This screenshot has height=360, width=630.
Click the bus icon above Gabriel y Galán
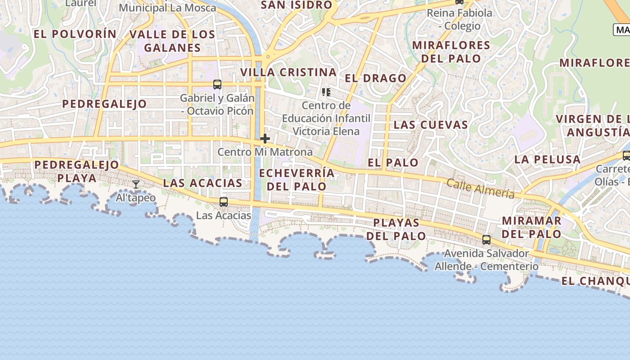tap(217, 84)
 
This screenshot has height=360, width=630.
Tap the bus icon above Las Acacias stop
tap(224, 202)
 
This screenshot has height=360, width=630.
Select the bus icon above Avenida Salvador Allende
tap(486, 239)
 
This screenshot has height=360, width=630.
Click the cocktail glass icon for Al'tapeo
tap(135, 184)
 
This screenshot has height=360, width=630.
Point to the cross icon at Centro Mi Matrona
tap(265, 139)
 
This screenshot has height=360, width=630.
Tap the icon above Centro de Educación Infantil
tap(326, 92)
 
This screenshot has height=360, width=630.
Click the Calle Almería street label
tap(480, 188)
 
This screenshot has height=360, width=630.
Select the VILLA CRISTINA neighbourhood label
tap(288, 72)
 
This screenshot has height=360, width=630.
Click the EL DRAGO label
tap(376, 78)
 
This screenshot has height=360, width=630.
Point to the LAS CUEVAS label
tap(431, 125)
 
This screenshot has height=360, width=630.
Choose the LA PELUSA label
tap(547, 159)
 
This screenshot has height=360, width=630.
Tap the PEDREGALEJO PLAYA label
tap(77, 171)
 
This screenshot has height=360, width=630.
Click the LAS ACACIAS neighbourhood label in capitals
tap(202, 183)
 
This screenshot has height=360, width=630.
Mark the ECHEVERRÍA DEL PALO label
tap(297, 180)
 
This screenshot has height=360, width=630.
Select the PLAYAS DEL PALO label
tap(396, 229)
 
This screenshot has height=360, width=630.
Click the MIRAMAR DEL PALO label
tap(531, 227)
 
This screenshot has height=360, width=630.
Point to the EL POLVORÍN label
tap(75, 34)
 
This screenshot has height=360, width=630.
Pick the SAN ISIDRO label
tap(297, 5)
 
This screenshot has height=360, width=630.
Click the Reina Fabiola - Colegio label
tap(459, 19)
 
